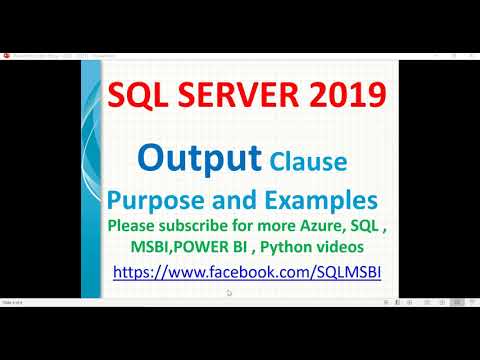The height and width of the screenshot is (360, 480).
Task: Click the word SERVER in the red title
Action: pyautogui.click(x=248, y=97)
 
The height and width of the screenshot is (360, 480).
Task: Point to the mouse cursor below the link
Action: pyautogui.click(x=229, y=293)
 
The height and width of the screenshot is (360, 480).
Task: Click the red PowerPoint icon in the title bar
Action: pyautogui.click(x=7, y=56)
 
